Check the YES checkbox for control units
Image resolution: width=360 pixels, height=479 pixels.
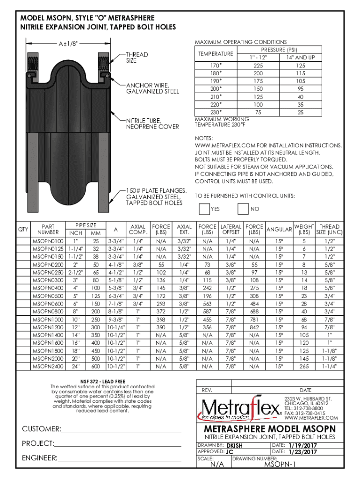[204, 208]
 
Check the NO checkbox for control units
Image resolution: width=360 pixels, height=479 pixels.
[243, 208]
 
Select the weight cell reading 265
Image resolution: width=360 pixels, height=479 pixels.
[304, 366]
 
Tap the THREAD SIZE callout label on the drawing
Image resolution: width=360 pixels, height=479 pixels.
[137, 58]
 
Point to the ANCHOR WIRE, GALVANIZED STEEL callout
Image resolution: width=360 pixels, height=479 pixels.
[152, 88]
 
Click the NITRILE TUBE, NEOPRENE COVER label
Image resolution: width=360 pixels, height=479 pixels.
[152, 123]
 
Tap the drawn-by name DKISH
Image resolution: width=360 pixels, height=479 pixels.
[234, 446]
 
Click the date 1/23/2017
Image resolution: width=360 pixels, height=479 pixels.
[302, 452]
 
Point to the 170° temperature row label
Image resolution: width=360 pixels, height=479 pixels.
[216, 66]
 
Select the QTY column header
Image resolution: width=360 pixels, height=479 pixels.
[23, 229]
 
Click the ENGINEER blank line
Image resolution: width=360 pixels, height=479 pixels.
[119, 458]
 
